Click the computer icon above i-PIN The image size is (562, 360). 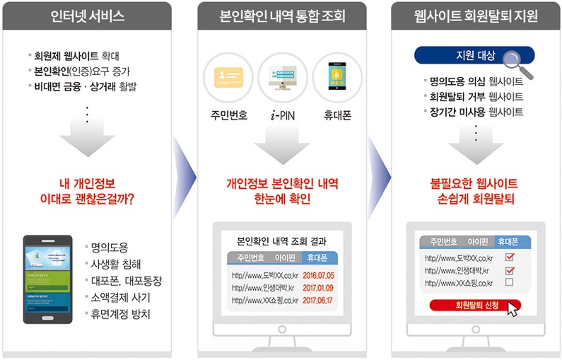point(282,77)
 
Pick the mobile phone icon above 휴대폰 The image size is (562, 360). point(337,77)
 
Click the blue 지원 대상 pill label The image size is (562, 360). point(464,55)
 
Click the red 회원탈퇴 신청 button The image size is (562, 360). point(475,306)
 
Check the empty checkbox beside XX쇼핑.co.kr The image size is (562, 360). point(509,283)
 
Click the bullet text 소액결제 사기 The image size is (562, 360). point(119,297)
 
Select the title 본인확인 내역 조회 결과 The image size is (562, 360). point(282,240)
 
